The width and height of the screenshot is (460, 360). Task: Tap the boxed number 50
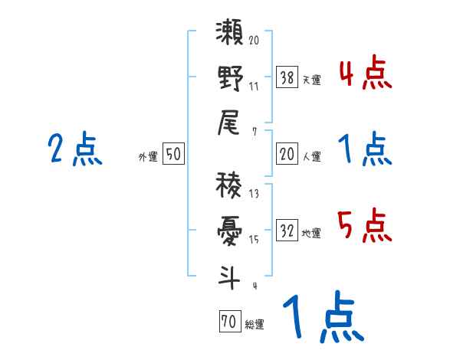[172, 155]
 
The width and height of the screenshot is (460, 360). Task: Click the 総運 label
[254, 325]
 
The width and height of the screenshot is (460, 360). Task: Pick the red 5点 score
[364, 225]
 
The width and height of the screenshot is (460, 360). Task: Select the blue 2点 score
[74, 149]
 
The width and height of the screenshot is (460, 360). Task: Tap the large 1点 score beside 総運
[323, 317]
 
